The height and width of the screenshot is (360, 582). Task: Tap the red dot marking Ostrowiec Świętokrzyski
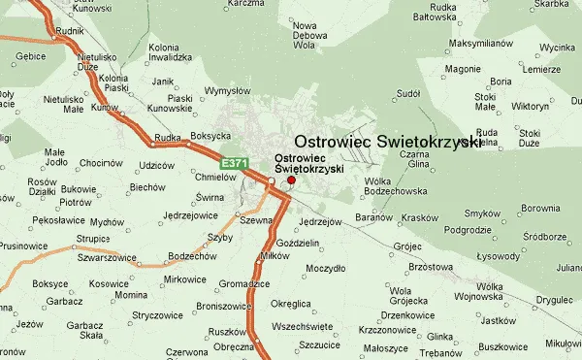(291, 180)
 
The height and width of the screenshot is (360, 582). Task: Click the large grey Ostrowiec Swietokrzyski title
(387, 141)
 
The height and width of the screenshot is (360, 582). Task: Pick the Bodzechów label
(190, 256)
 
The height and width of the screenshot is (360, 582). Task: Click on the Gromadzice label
(242, 283)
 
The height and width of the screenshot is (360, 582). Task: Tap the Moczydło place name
(326, 267)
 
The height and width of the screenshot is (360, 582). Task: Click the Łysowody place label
(499, 256)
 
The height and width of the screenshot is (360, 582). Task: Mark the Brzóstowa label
(431, 266)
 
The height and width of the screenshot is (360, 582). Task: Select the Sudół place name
(408, 94)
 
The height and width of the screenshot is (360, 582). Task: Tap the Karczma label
(242, 4)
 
